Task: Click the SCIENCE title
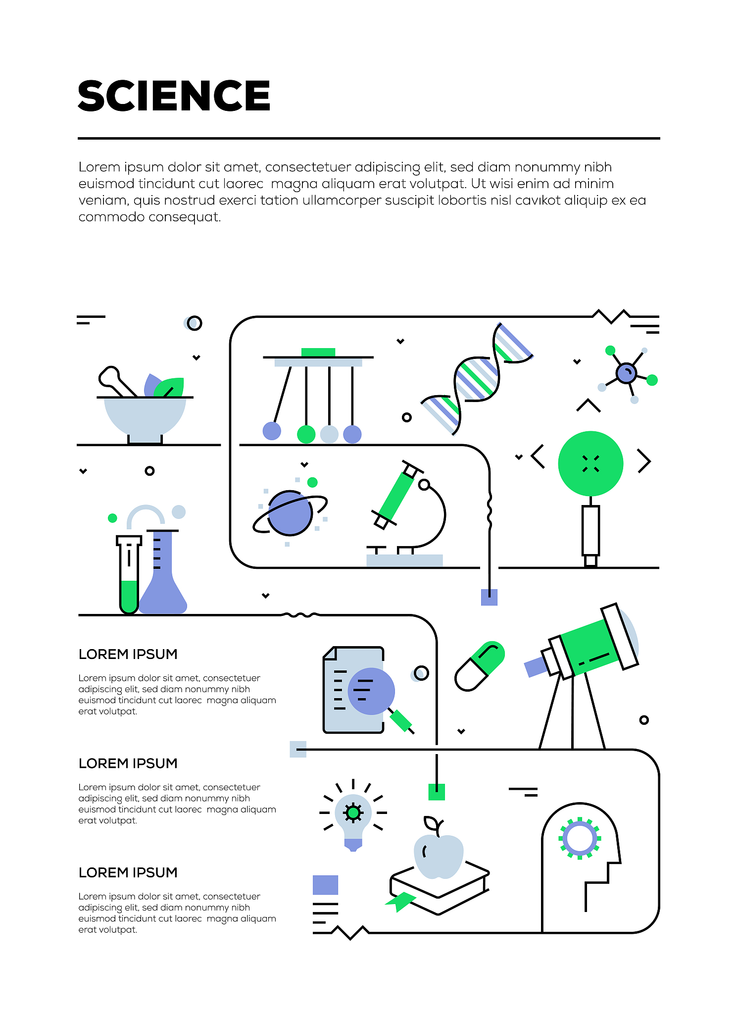click(x=174, y=96)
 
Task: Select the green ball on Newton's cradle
click(x=306, y=434)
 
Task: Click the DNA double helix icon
click(x=477, y=379)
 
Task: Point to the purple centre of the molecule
click(x=626, y=373)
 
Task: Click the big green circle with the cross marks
click(x=590, y=463)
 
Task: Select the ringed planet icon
click(x=290, y=513)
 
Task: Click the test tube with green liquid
click(x=129, y=575)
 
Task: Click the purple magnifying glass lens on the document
click(x=371, y=691)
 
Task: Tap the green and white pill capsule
click(x=480, y=666)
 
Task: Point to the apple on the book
click(x=439, y=854)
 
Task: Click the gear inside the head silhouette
click(x=580, y=838)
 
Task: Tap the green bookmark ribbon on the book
click(x=400, y=902)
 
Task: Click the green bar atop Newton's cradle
click(x=318, y=352)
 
